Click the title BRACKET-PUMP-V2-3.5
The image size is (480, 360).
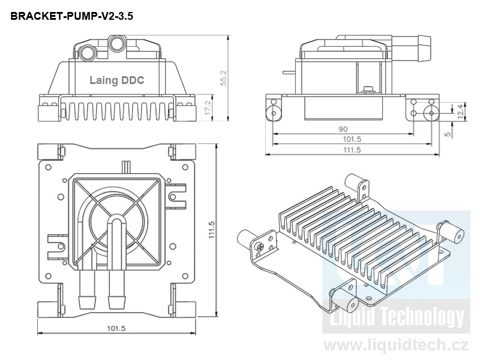click(x=71, y=17)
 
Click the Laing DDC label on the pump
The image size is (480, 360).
click(x=116, y=80)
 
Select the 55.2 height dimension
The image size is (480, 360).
click(x=224, y=77)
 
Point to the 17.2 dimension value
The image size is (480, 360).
click(x=208, y=108)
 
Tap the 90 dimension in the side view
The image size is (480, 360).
click(x=343, y=129)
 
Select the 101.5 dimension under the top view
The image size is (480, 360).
click(x=116, y=328)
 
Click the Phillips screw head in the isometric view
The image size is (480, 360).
click(x=259, y=247)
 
